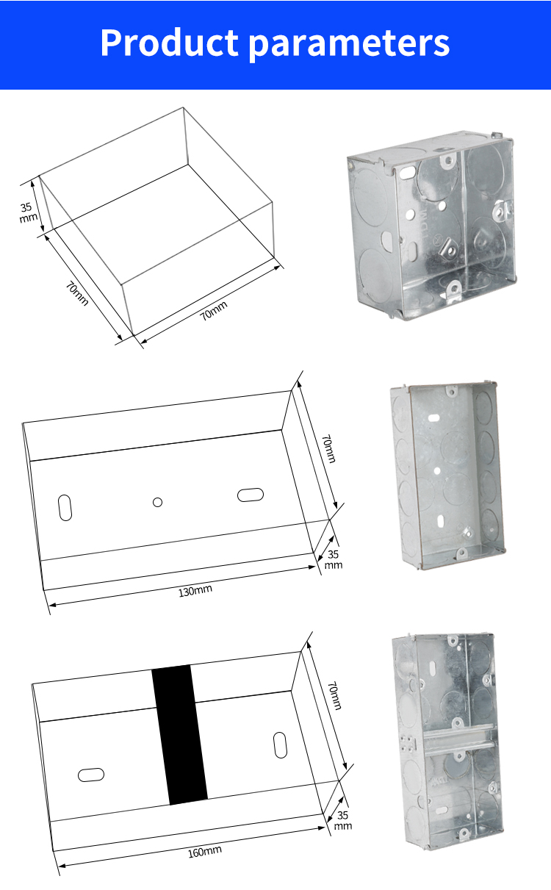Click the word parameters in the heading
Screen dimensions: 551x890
350,45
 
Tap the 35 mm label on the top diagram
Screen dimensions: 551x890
28,212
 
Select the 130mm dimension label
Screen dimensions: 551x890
195,591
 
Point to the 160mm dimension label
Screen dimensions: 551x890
204,852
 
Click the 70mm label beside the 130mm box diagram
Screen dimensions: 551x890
328,449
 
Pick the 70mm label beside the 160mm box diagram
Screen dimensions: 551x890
334,696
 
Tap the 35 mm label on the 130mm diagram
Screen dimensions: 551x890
334,559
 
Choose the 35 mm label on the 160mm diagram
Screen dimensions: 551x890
342,820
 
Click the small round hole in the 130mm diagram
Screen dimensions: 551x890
157,502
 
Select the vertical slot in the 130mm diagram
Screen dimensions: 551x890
65,507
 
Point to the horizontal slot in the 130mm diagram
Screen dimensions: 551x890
251,495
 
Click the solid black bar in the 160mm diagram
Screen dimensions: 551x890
180,735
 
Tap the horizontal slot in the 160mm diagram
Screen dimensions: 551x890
91,775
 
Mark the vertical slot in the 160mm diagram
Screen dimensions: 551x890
280,745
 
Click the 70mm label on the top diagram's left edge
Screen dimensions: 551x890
77,293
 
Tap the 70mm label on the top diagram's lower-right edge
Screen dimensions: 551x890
213,310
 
